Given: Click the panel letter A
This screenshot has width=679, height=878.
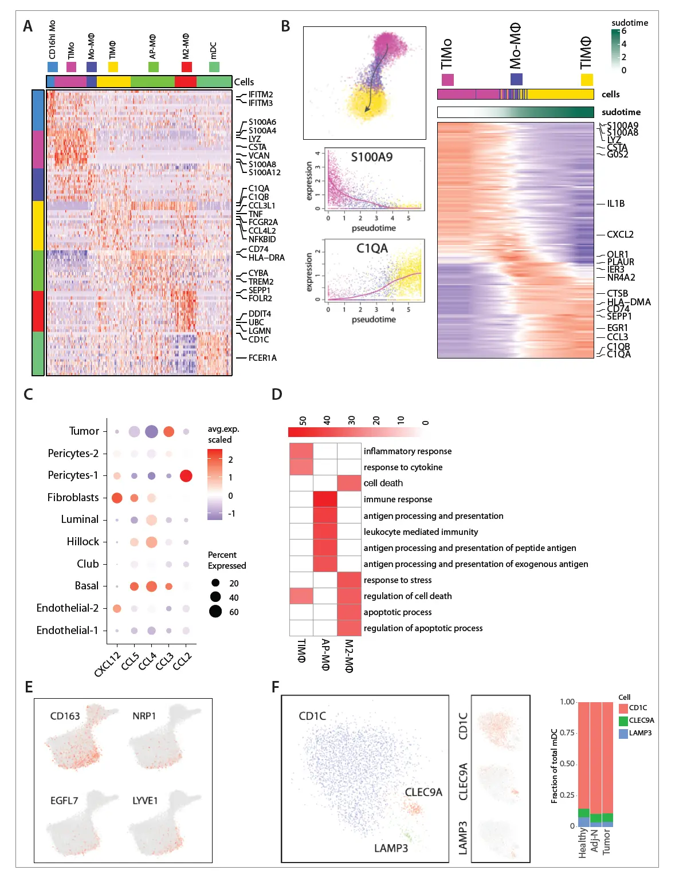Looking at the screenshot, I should pyautogui.click(x=28, y=26).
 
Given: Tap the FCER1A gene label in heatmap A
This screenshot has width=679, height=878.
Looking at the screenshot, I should pyautogui.click(x=262, y=358).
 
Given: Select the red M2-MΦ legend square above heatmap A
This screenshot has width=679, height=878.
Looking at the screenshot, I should pyautogui.click(x=187, y=66).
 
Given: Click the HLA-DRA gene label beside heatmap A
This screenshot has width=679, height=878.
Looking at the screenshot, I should pyautogui.click(x=266, y=258).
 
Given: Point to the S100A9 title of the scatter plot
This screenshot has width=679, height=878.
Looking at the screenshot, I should pyautogui.click(x=371, y=157).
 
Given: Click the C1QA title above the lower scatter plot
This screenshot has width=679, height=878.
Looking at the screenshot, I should pyautogui.click(x=372, y=248).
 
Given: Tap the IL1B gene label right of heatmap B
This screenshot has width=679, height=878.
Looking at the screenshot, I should pyautogui.click(x=615, y=203).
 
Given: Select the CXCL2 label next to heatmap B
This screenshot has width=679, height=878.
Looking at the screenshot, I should pyautogui.click(x=620, y=234).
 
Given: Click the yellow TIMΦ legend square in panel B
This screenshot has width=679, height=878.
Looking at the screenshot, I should pyautogui.click(x=586, y=79).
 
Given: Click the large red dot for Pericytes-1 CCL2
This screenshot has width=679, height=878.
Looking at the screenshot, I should pyautogui.click(x=186, y=475).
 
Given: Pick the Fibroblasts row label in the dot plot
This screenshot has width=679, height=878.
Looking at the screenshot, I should pyautogui.click(x=73, y=498).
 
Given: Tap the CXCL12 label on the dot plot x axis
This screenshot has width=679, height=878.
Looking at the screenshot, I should pyautogui.click(x=108, y=664).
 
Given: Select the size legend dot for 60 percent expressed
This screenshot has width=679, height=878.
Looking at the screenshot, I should pyautogui.click(x=215, y=612).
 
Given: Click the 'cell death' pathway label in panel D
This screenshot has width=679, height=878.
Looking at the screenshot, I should pyautogui.click(x=383, y=483).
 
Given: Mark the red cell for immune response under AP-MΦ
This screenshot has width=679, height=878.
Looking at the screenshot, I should pyautogui.click(x=325, y=499).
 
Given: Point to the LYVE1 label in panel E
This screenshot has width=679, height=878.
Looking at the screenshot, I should pyautogui.click(x=144, y=801).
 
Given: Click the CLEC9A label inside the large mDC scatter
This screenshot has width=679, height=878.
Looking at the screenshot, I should pyautogui.click(x=423, y=792).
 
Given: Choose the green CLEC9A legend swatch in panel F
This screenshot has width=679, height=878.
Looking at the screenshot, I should pyautogui.click(x=623, y=720).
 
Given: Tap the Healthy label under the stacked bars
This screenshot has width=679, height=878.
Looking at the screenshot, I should pyautogui.click(x=583, y=843).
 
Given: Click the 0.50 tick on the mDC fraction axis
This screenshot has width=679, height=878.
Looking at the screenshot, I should pyautogui.click(x=567, y=763).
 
